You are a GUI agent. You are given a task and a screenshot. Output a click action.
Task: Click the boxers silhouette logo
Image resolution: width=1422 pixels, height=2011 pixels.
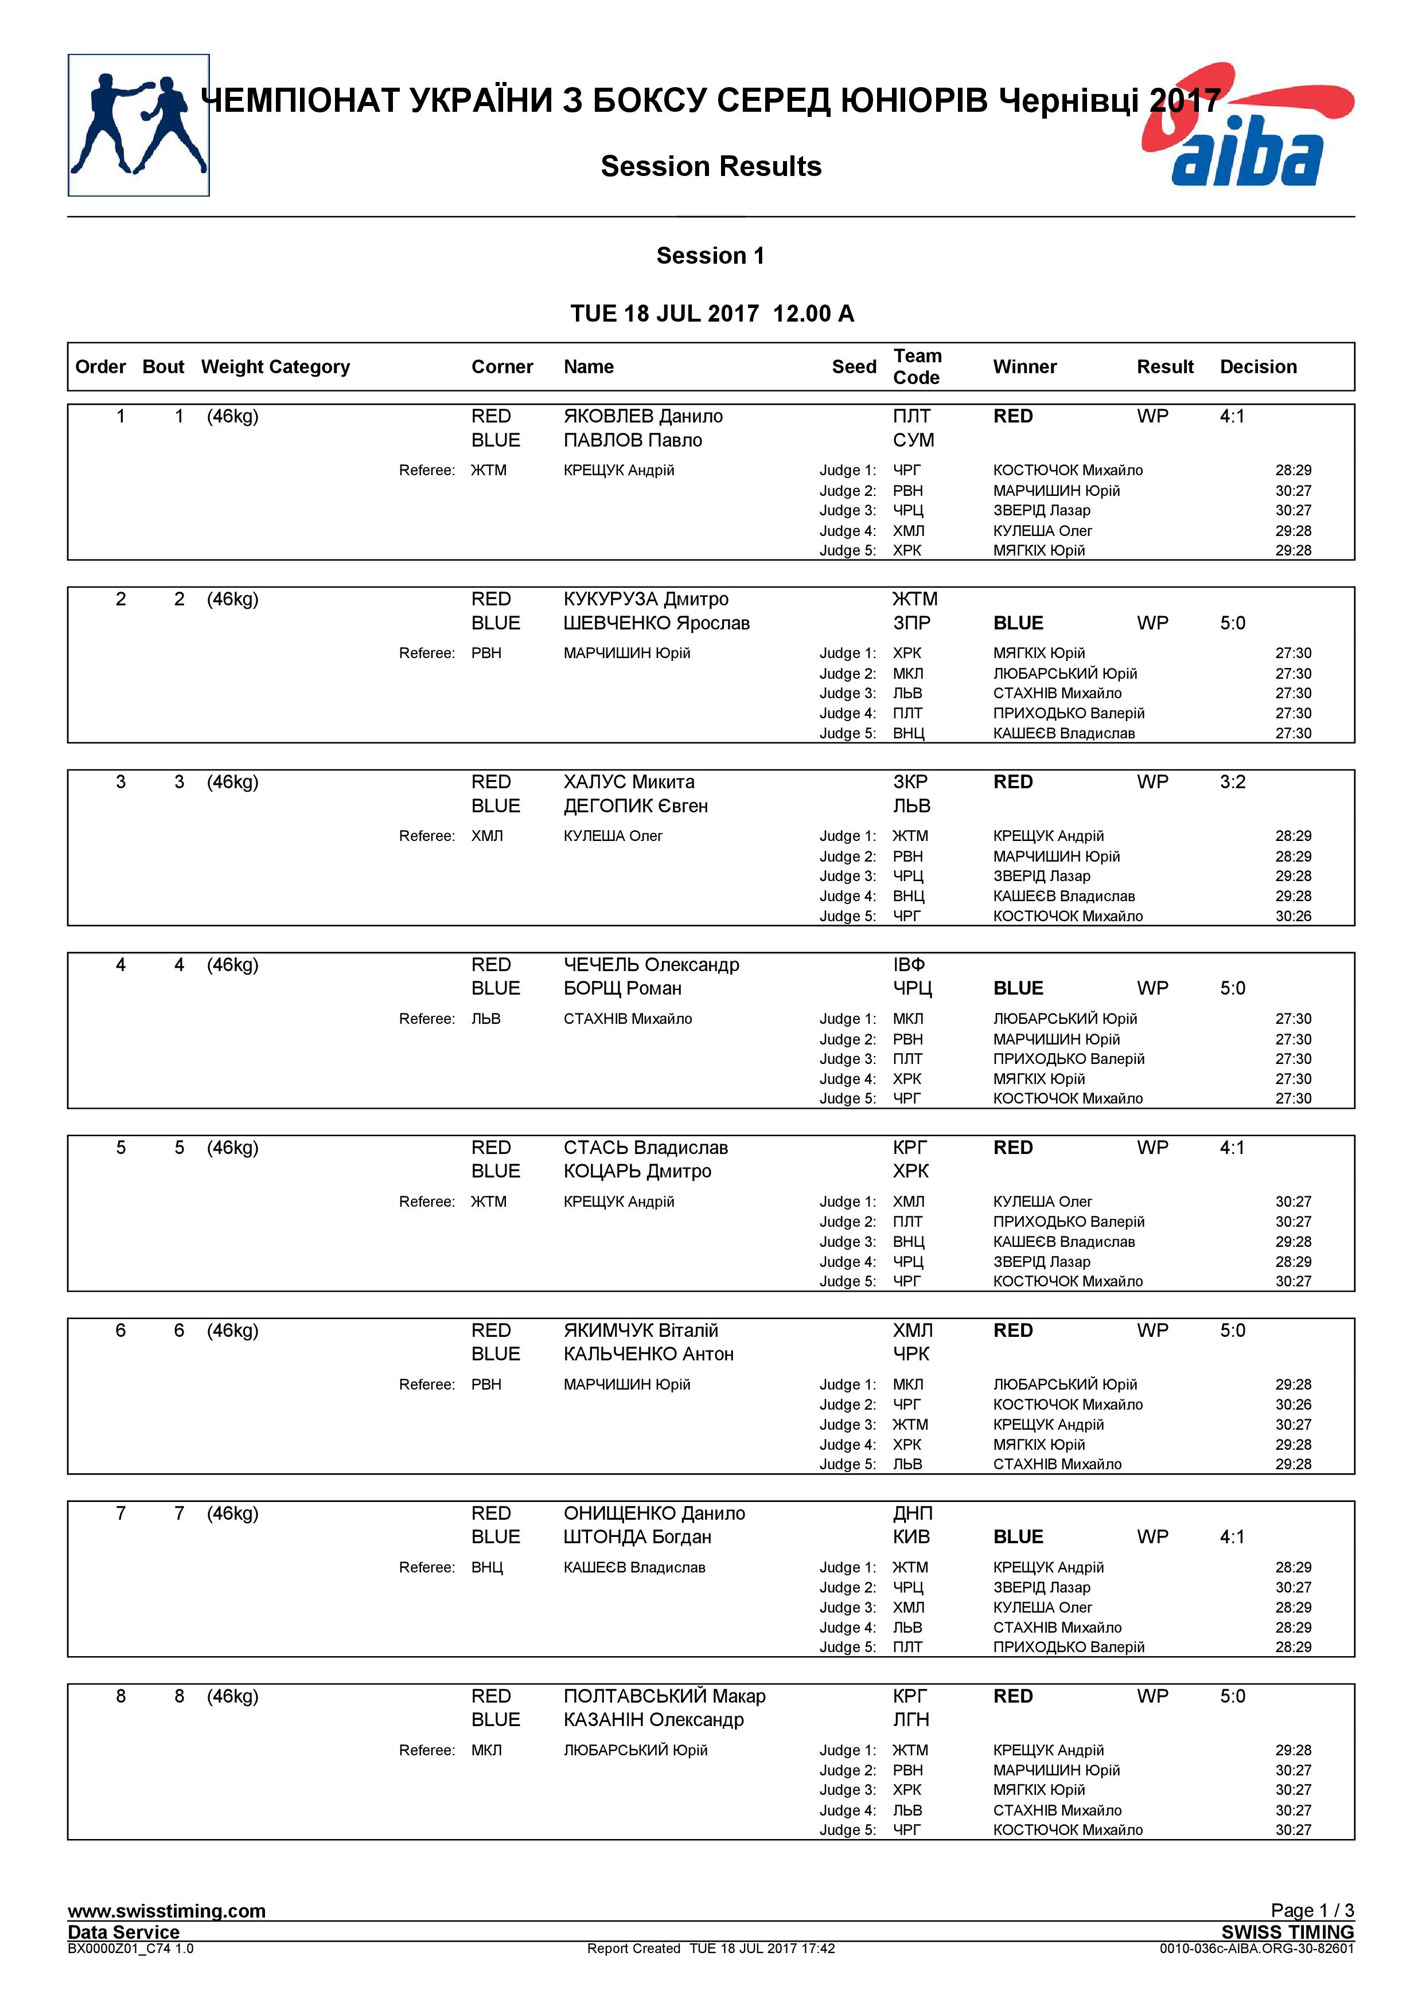138,125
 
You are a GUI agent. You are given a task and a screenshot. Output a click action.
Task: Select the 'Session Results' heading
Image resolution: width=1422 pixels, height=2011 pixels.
711,166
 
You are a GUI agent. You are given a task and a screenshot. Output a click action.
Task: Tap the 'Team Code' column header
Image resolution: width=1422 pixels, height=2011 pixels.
917,366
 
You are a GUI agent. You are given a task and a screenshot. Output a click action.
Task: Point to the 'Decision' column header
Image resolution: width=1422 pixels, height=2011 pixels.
1257,367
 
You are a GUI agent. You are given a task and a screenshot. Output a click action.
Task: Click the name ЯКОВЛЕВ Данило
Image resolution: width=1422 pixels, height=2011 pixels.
642,416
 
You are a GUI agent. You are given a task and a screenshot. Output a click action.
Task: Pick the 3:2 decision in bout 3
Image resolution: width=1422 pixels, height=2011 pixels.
1232,781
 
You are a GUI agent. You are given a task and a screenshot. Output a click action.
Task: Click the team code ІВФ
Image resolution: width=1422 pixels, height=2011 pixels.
909,964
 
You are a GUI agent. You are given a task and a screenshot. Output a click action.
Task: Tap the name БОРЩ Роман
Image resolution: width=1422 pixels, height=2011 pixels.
622,988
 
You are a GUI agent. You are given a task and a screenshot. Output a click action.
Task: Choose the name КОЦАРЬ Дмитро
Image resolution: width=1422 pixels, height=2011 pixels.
637,1171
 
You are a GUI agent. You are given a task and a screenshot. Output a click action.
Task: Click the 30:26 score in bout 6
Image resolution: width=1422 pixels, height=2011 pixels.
1292,1404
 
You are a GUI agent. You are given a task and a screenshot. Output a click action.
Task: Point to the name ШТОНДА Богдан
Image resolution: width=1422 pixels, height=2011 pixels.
637,1536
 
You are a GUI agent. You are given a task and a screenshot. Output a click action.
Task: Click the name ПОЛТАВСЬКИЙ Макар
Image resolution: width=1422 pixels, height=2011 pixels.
664,1696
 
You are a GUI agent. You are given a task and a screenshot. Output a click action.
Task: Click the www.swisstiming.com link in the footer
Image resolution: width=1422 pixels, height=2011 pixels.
166,1910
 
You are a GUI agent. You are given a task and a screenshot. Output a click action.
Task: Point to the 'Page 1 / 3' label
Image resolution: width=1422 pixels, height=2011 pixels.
1312,1910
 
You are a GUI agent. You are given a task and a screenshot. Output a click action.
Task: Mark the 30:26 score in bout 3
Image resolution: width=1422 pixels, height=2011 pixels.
1292,916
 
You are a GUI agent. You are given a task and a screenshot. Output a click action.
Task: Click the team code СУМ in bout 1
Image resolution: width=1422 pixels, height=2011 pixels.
913,440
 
